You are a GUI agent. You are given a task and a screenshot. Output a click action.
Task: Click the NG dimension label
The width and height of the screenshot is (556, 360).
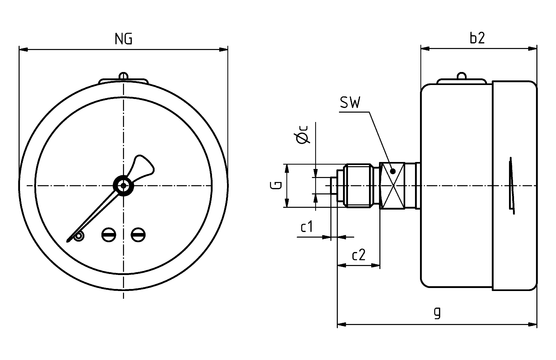coord(123,39)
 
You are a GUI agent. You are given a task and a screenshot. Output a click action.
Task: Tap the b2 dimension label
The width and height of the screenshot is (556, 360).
coord(477,38)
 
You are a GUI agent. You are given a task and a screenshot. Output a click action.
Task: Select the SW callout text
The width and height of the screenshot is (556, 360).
coord(350,103)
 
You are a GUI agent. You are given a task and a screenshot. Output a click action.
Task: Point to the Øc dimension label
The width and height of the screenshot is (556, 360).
coord(302,134)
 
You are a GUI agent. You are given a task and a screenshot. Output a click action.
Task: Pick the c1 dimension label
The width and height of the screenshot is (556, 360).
coord(307,226)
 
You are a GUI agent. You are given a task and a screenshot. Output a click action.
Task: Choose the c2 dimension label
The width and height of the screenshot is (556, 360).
coord(358,255)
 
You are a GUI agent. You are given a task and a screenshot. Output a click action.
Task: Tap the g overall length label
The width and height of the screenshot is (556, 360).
coord(438,312)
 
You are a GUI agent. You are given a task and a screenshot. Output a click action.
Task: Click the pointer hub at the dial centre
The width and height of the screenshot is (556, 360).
coord(123,185)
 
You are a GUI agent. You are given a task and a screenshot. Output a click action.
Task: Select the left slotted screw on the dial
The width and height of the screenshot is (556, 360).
coord(108,234)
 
